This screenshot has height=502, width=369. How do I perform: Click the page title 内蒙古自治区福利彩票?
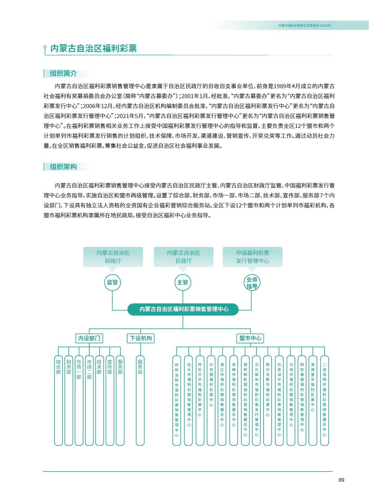coord(94,48)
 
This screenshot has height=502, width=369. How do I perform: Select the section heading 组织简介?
coord(63,73)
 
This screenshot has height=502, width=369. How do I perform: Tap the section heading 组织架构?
coord(63,167)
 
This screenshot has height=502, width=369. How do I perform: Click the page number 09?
coord(341,480)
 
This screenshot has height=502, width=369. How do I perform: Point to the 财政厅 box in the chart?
coord(113,257)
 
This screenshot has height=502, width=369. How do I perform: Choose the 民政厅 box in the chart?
coord(184,257)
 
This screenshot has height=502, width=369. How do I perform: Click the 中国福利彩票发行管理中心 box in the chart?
coord(253,257)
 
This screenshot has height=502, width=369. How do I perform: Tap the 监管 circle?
coord(112,283)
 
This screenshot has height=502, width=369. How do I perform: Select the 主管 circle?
coord(183,283)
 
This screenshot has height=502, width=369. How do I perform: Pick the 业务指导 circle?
coord(252,283)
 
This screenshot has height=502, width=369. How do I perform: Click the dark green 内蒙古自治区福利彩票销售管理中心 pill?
coord(183,309)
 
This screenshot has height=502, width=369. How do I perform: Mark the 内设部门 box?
coord(89,338)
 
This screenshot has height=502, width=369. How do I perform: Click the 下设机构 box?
coord(140,338)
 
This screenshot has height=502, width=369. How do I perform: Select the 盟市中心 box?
coord(250,338)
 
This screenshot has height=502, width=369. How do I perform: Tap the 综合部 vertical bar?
coord(58,400)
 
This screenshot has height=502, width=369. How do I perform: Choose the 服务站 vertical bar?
coord(140,400)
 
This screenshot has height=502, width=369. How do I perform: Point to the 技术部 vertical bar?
coord(100,400)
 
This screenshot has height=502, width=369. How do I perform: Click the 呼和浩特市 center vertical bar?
coord(177,400)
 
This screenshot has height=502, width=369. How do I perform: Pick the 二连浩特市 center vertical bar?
coord(324,400)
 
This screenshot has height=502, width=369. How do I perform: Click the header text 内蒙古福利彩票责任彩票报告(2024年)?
coord(305,25)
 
